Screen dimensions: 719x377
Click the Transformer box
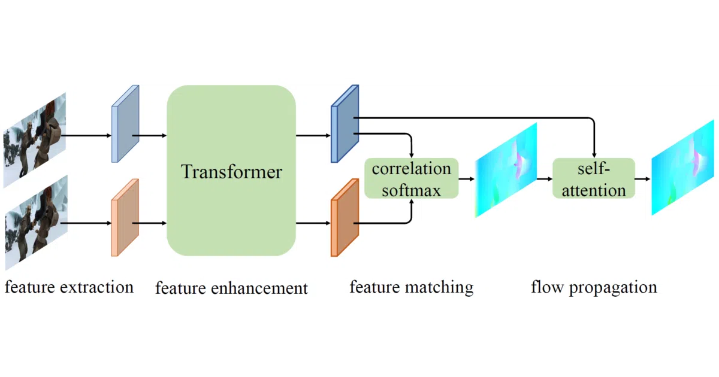click(231, 171)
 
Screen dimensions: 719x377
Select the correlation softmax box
click(412, 178)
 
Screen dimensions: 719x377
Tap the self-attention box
click(594, 178)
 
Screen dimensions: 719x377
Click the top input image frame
click(35, 140)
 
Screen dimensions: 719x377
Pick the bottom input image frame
click(37, 223)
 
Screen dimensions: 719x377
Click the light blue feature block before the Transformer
click(125, 124)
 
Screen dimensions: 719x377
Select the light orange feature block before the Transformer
click(125, 218)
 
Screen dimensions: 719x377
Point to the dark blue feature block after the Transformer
click(345, 124)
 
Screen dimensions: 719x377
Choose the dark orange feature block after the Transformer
click(345, 218)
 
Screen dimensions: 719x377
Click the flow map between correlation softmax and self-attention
click(506, 170)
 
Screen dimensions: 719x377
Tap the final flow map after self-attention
click(682, 168)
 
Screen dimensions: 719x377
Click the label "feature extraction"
click(69, 287)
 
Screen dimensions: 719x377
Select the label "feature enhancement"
click(231, 288)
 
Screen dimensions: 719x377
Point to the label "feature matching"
click(412, 287)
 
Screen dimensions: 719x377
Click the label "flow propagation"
click(594, 287)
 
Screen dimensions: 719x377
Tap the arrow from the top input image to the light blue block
click(86, 136)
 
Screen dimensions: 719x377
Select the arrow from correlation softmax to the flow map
click(467, 178)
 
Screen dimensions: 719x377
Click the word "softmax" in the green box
click(412, 190)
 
